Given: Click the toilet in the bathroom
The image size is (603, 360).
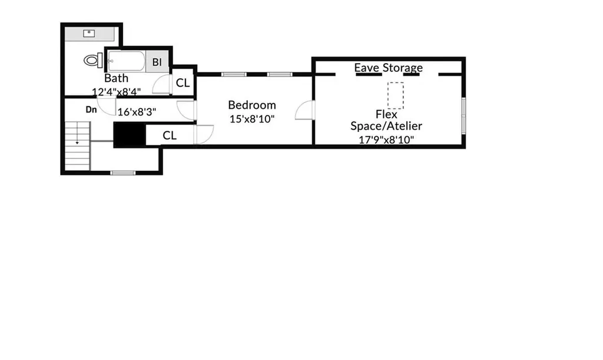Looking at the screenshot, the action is (x=93, y=60).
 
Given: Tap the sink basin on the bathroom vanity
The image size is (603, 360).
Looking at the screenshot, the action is (x=89, y=34).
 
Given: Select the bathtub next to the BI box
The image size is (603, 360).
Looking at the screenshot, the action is (x=126, y=61).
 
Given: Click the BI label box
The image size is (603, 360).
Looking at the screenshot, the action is (x=157, y=61).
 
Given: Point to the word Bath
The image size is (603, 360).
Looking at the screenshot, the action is (x=116, y=78).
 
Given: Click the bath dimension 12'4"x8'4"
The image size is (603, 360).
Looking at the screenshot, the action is (x=116, y=92).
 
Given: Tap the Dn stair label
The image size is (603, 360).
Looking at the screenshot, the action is (x=91, y=110).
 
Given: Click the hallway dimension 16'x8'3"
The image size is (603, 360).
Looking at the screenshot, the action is (x=137, y=112).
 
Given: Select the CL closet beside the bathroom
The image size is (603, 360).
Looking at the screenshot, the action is (x=183, y=82).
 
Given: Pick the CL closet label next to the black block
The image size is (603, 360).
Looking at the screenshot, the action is (x=169, y=136).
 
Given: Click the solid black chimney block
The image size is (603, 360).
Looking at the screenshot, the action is (x=130, y=134).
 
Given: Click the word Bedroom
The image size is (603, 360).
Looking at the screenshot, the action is (x=252, y=105).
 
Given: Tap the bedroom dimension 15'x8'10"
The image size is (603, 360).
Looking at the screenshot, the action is (x=252, y=119).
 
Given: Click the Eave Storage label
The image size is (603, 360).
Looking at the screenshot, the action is (x=389, y=68).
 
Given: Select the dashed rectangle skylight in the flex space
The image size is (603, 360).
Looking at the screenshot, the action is (x=395, y=95).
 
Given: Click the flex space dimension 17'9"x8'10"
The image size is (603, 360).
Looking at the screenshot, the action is (x=386, y=140).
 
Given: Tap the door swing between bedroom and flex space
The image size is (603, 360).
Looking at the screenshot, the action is (x=305, y=110).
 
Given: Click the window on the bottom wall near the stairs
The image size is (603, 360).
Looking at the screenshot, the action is (x=122, y=173).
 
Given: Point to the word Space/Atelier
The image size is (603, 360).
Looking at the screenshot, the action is (x=386, y=126).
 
